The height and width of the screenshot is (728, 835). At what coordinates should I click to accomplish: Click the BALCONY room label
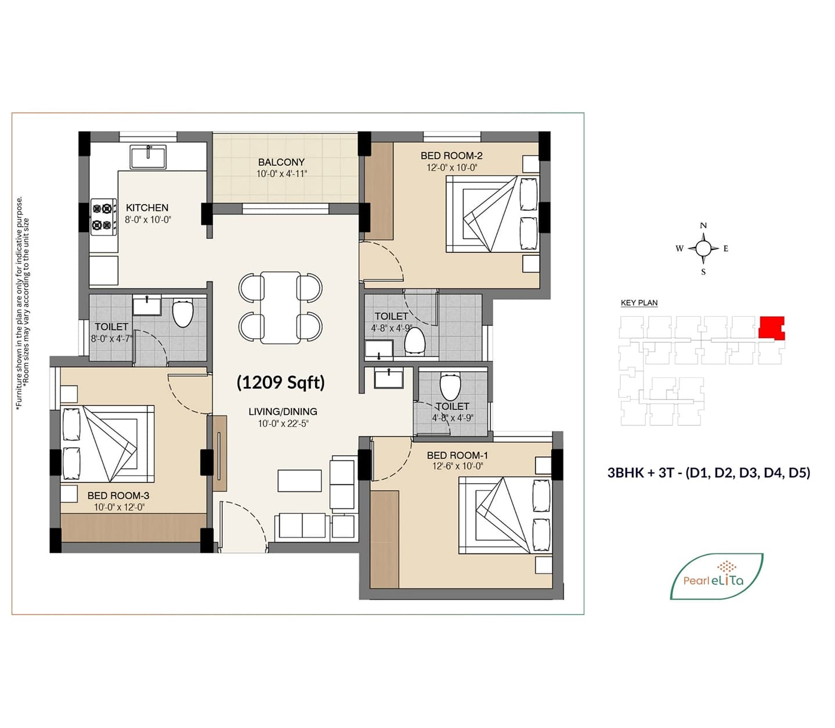coord(281,162)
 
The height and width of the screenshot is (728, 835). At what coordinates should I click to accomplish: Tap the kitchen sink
coord(148,157)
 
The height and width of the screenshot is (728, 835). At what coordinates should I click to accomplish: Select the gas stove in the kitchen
coord(103,217)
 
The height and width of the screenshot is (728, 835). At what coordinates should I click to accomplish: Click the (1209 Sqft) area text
coord(281,382)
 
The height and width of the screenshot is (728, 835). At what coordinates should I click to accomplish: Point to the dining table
coord(280,308)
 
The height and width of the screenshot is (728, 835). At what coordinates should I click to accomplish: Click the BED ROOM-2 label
coord(451,155)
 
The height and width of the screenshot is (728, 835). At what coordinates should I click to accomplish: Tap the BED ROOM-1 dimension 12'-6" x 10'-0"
coord(457,466)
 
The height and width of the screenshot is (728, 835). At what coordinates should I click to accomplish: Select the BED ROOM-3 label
coord(118,495)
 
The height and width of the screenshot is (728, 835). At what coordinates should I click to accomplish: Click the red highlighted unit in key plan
coord(771,327)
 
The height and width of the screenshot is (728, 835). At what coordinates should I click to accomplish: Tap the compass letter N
coord(703,226)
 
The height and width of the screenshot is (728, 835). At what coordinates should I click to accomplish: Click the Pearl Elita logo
coord(717,576)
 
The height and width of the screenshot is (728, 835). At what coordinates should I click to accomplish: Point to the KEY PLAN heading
coord(639,303)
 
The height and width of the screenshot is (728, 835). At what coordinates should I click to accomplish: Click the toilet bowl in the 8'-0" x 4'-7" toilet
coord(182,313)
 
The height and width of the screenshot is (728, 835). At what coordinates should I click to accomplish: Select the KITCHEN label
coord(147,208)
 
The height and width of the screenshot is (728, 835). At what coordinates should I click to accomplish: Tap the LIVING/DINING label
coord(283,411)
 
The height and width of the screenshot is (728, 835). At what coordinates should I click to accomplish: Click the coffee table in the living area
coord(299,480)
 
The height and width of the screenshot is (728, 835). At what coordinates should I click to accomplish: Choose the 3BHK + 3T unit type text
coord(709,473)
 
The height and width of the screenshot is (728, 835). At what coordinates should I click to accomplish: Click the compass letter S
coord(703,272)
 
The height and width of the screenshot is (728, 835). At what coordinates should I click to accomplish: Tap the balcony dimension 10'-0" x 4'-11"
coord(281,174)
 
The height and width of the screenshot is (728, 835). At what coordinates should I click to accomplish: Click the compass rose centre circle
coord(703,248)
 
